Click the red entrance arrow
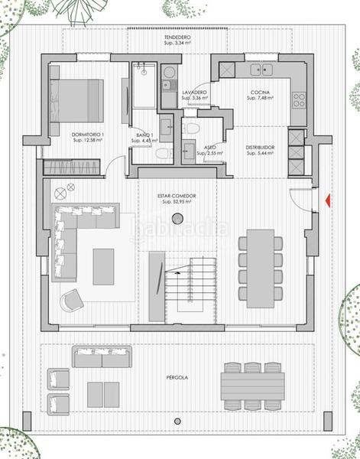pos(326,201)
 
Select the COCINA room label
pos(258,93)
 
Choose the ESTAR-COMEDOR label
pos(177,196)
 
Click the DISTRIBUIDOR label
pos(260,147)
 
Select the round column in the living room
pos(177,220)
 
